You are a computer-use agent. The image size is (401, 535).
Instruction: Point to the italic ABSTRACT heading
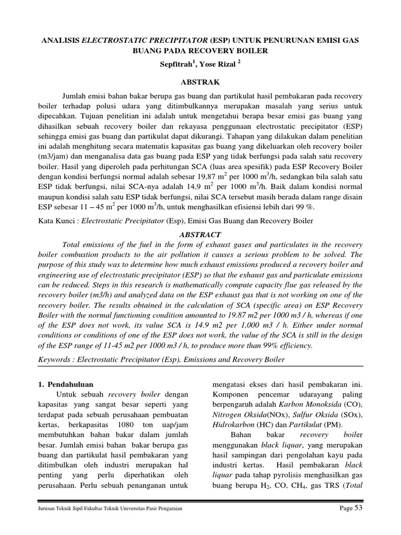tap(200, 235)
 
